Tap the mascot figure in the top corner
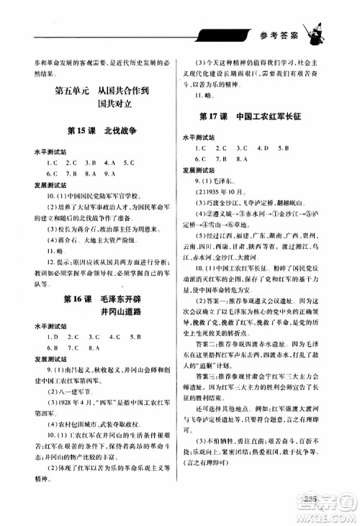click(316, 30)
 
